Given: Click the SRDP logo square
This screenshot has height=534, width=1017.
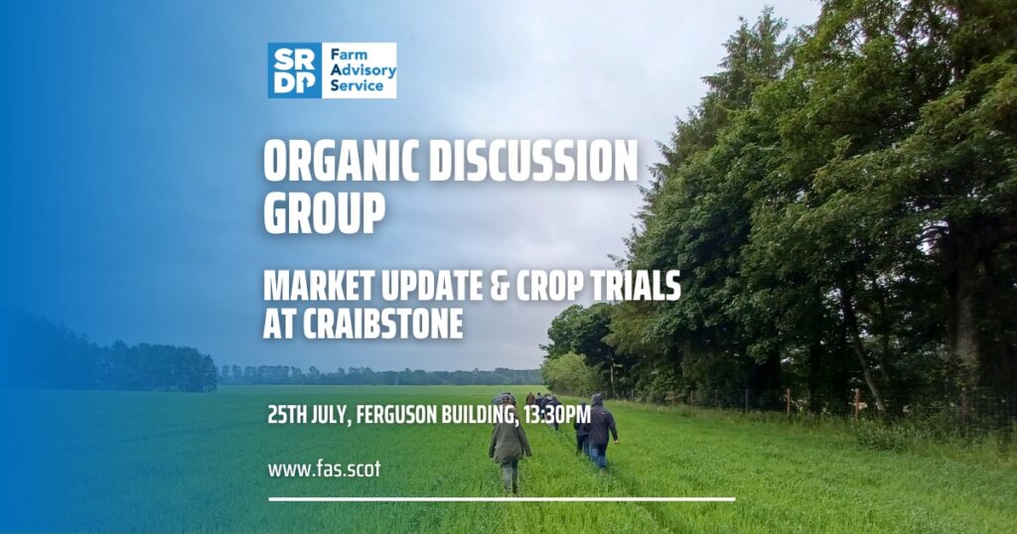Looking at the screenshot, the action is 294,70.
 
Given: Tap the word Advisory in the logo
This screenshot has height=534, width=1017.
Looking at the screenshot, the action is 363,70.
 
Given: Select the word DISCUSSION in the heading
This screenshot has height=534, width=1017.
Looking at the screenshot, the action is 533,161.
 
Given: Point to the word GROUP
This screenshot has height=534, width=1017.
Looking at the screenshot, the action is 325,212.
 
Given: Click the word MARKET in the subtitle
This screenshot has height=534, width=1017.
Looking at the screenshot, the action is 319,287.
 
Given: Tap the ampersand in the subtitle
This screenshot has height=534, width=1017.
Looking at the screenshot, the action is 499,287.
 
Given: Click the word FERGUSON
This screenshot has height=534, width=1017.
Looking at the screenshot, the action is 397,414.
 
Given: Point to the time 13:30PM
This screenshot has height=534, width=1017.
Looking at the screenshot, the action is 557,414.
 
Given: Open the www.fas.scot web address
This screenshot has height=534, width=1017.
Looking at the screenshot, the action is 325,469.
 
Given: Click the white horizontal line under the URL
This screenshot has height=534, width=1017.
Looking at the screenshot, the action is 502,499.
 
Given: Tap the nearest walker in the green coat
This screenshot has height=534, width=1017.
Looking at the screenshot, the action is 509,443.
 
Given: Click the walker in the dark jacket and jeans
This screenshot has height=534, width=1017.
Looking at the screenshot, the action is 601,431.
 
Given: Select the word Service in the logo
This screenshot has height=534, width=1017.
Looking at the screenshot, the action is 357,85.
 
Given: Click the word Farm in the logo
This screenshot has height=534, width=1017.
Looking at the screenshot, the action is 349,55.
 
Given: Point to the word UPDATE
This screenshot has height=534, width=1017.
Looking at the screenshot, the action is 431,287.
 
